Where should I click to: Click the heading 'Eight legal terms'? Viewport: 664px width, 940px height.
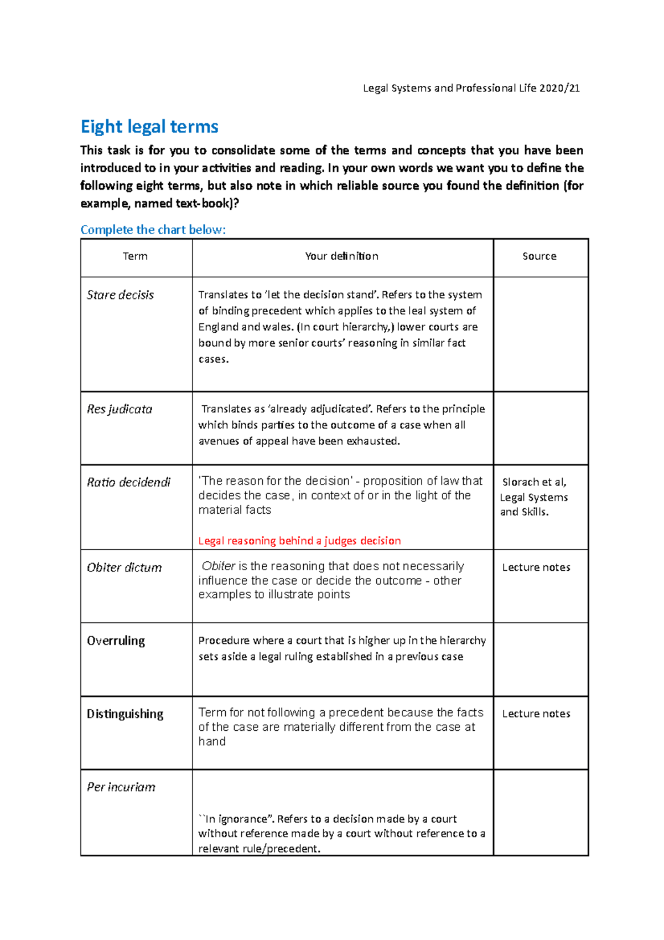coord(149,127)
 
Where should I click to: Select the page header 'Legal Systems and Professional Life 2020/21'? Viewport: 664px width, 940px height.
coord(471,88)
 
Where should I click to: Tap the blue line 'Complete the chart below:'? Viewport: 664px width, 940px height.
coord(153,230)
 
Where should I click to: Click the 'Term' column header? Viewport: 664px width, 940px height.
coord(135,256)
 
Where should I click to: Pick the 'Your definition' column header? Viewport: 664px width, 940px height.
coord(341,256)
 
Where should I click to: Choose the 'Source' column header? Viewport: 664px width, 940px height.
coord(539,256)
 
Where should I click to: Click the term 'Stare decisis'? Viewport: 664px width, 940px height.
coord(120,295)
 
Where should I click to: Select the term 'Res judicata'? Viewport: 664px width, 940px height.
coord(120,409)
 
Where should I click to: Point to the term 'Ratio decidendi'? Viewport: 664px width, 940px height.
coord(128,482)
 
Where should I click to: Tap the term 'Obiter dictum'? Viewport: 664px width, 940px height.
coord(124,567)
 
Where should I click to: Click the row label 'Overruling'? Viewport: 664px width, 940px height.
coord(116,641)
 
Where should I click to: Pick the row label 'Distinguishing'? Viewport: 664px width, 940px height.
coord(125,714)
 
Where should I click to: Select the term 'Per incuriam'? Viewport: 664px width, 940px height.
coord(121,787)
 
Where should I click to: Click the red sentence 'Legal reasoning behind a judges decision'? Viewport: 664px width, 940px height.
coord(299,541)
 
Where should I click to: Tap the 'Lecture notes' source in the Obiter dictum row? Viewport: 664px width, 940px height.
coord(536,567)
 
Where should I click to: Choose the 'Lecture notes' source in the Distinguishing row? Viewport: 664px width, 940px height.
coord(536,714)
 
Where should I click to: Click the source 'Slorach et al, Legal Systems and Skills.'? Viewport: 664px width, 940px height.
coord(534,497)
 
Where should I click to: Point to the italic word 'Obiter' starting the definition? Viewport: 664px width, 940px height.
coord(219,566)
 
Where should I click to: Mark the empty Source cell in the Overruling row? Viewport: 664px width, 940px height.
coord(540,659)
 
